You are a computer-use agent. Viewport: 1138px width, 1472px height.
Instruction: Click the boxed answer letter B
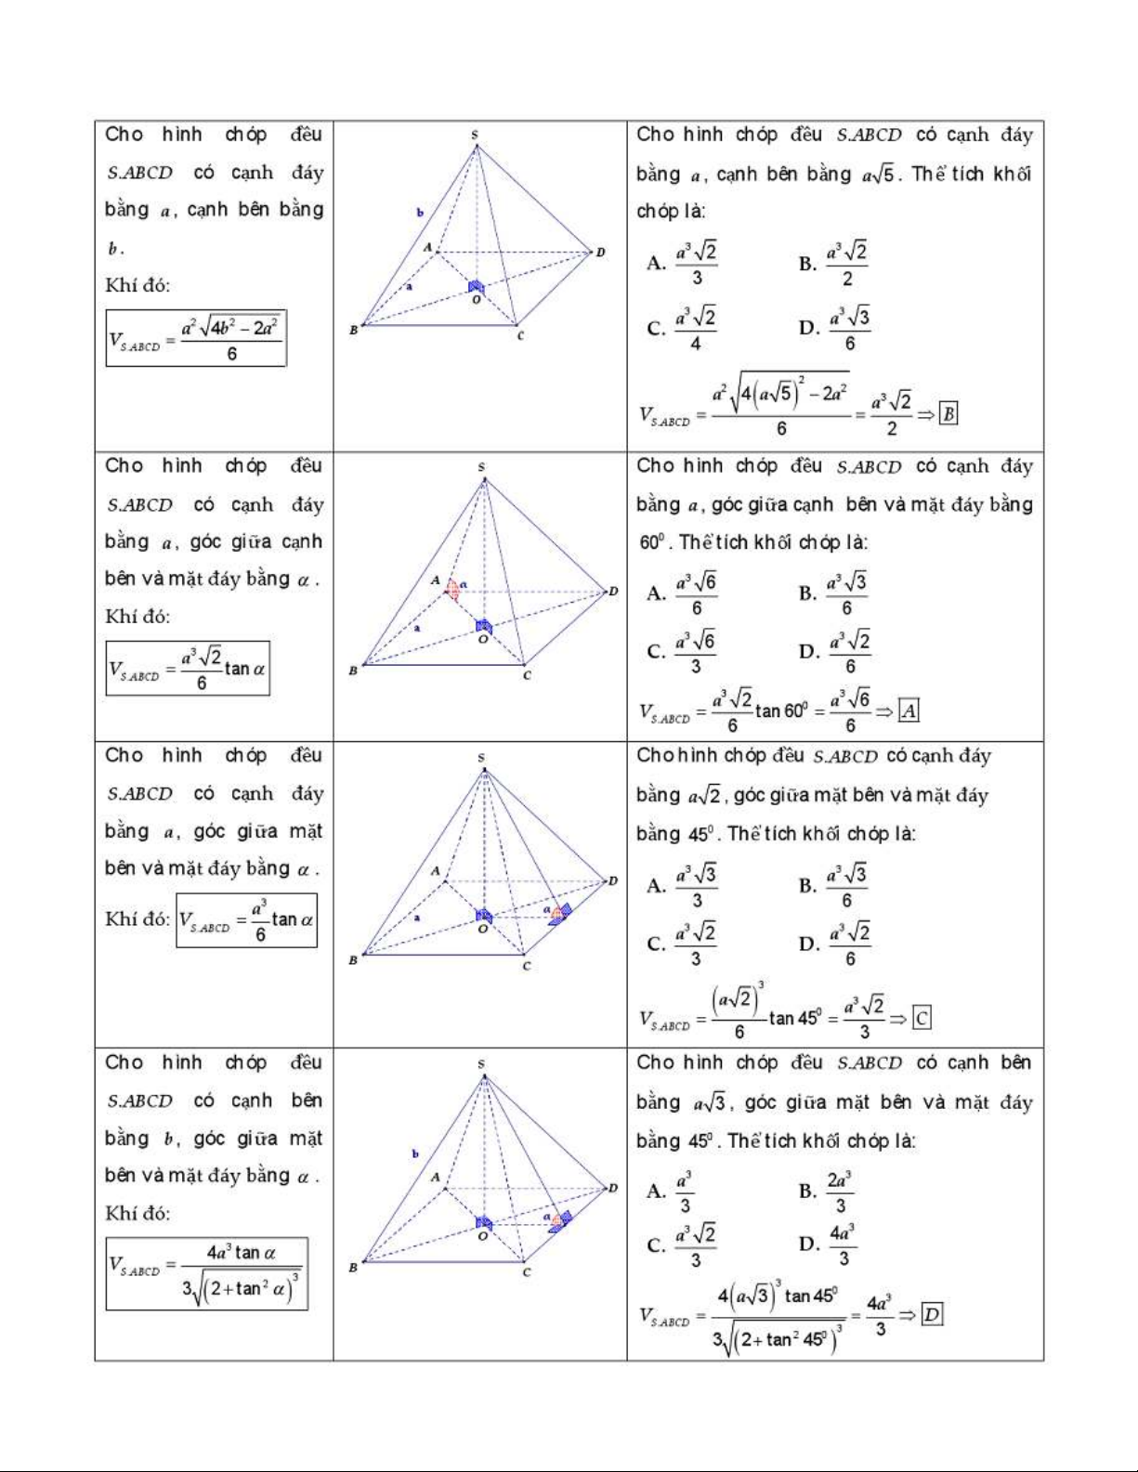[x=948, y=414]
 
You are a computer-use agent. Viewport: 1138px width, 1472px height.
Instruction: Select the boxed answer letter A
[x=909, y=711]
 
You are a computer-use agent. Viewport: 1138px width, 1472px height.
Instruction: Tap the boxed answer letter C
[x=921, y=1019]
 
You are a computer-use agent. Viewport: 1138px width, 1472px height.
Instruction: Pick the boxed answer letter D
[x=932, y=1314]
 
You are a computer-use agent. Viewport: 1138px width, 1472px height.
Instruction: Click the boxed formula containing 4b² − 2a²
[x=196, y=338]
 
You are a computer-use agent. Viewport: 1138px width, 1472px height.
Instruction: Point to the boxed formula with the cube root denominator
[x=206, y=1273]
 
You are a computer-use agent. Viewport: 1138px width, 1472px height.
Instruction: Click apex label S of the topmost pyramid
[x=475, y=136]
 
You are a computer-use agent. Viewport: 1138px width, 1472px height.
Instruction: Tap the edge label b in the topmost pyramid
[x=420, y=213]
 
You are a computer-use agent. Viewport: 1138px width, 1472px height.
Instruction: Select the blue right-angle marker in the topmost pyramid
[x=476, y=287]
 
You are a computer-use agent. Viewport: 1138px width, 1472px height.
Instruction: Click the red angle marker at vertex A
[x=453, y=589]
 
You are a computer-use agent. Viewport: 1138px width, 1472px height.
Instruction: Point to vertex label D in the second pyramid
[x=613, y=592]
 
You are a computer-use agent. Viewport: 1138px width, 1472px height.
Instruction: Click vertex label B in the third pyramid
[x=353, y=959]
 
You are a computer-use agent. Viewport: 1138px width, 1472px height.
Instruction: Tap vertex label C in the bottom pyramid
[x=527, y=1271]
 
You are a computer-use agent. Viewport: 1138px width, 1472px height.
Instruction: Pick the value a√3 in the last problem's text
[x=709, y=1103]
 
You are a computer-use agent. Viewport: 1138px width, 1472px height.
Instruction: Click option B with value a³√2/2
[x=834, y=264]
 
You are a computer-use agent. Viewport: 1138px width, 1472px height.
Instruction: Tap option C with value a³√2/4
[x=683, y=328]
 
